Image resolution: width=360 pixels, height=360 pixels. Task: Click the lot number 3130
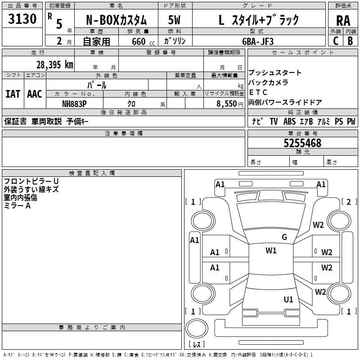(22, 19)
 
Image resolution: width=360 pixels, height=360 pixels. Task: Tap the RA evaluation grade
(343, 21)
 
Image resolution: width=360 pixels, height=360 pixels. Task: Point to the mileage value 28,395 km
(54, 65)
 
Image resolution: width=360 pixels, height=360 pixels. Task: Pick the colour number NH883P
(74, 103)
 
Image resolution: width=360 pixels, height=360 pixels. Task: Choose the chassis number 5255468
(302, 144)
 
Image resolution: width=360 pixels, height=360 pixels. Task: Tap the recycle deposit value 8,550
(229, 103)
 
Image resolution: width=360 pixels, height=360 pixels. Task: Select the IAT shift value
(13, 94)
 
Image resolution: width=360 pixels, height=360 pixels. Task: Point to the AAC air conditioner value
(35, 94)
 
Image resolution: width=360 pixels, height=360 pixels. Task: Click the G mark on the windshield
(284, 237)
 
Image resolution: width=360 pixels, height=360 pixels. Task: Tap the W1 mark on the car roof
(271, 251)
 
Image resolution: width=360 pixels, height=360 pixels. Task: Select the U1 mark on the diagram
(288, 299)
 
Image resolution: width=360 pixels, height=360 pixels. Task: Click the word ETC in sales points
(258, 92)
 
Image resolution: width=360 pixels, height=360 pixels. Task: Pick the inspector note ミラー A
(17, 205)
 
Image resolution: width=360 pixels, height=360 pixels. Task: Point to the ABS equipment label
(290, 121)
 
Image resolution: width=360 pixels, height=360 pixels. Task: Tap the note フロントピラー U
(31, 181)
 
